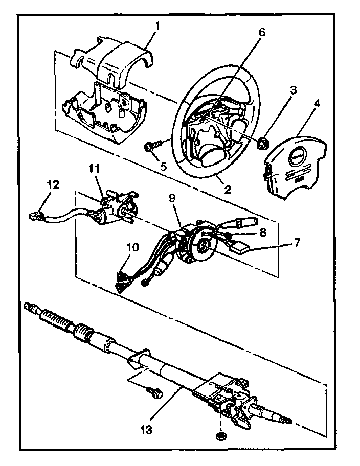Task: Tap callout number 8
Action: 263,231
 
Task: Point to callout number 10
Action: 132,246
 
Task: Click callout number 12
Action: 54,183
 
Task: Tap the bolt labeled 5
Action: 151,148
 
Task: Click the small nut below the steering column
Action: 221,436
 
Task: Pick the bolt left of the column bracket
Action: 153,392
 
